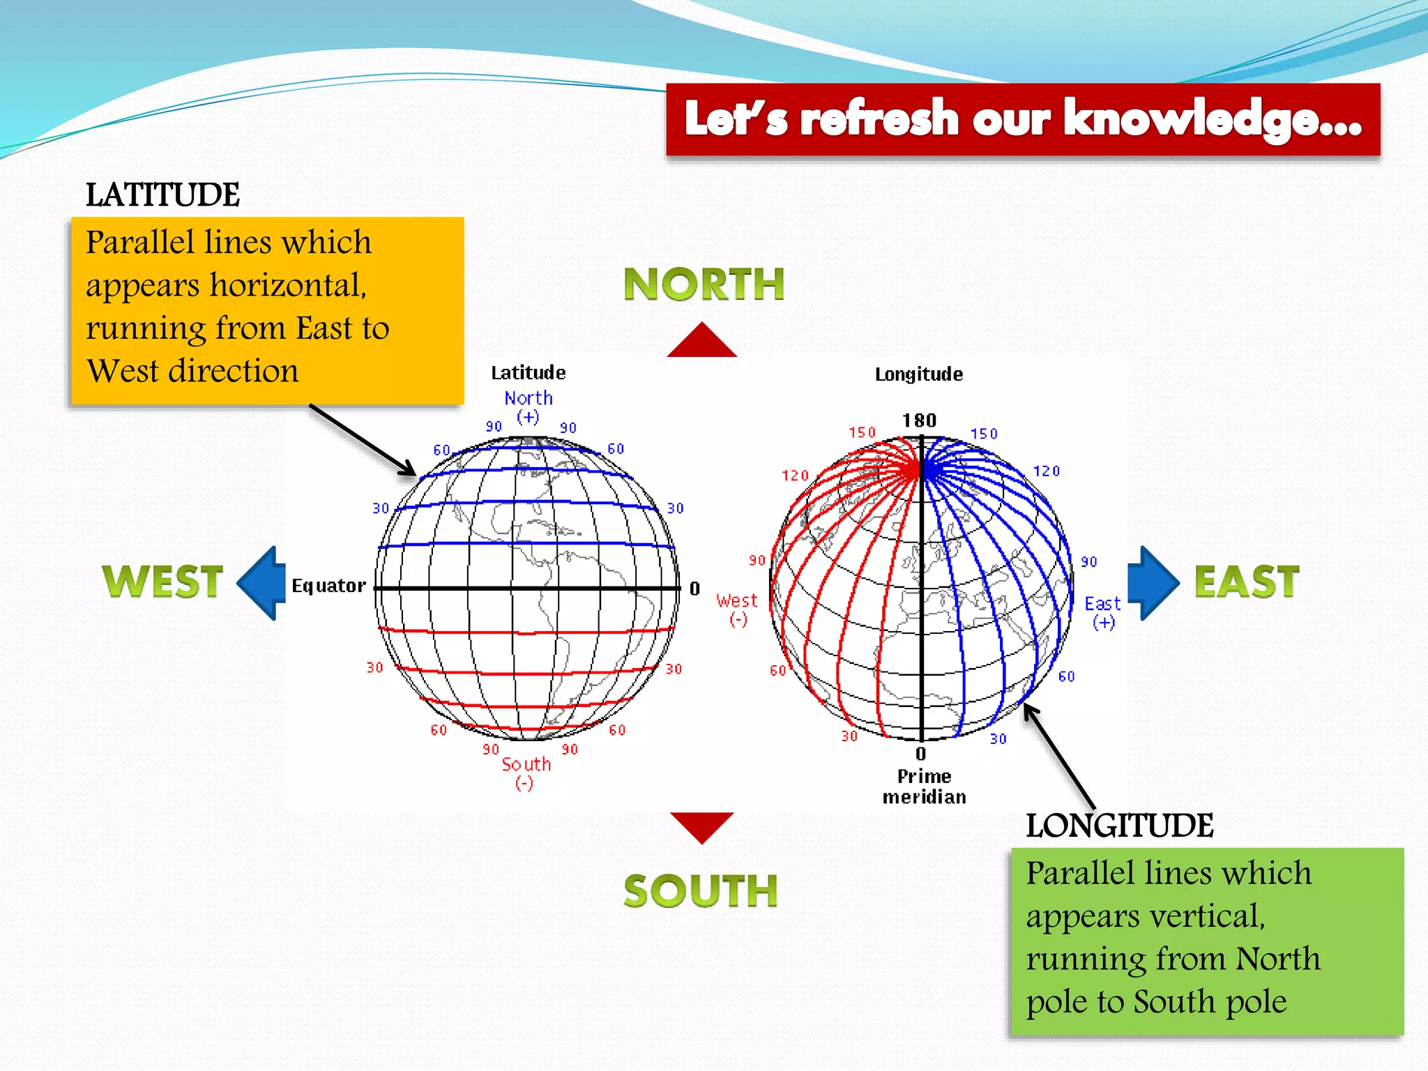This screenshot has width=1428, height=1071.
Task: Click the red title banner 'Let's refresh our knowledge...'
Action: pos(1023,119)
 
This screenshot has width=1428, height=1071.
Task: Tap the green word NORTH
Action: pos(704,284)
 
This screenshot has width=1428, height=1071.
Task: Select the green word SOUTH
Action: pos(701,891)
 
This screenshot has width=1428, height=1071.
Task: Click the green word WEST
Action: pos(162,582)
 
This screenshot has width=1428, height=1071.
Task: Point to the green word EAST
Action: pos(1247,582)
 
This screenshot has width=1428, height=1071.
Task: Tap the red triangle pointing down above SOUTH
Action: pos(701,825)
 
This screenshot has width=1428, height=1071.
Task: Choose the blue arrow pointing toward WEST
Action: pos(262,583)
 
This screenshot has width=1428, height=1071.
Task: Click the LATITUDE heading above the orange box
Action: pos(162,195)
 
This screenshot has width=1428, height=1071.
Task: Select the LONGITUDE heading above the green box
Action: pos(1119,826)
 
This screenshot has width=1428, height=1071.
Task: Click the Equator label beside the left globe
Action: pos(328,586)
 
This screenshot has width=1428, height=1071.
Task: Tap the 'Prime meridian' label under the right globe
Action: pos(924,787)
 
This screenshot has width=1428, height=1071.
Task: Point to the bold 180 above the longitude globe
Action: pos(919,420)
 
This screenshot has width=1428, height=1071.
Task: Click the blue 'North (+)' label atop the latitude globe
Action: pos(529,407)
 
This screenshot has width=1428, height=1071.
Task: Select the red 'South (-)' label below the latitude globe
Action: pos(526,773)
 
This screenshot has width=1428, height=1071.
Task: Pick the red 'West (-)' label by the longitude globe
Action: pos(736,609)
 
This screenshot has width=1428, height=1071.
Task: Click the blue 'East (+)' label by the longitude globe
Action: pos(1102,612)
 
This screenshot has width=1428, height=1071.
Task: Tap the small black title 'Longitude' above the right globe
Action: pos(919,374)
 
